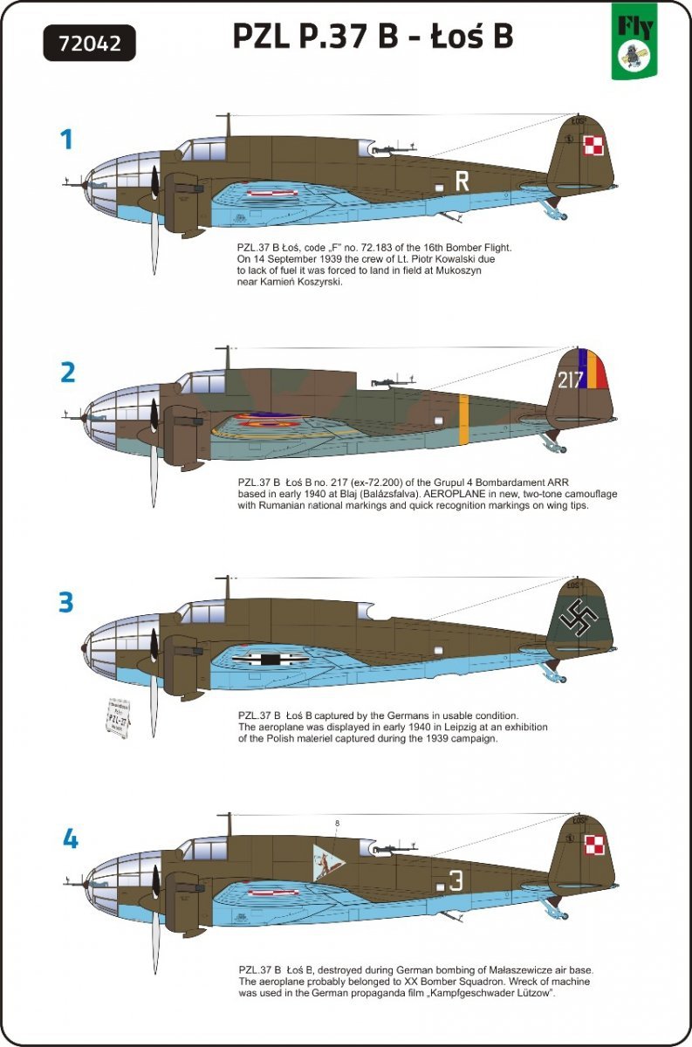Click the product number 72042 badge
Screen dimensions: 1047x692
coord(88,41)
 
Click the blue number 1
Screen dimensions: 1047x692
coord(65,139)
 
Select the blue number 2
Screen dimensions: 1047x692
coord(68,373)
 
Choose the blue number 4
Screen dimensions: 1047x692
coord(70,840)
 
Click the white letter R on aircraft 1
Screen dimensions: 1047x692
coord(462,181)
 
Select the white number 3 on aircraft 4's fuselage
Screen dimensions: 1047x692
coord(456,880)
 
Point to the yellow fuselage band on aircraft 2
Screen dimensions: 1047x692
coord(463,413)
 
